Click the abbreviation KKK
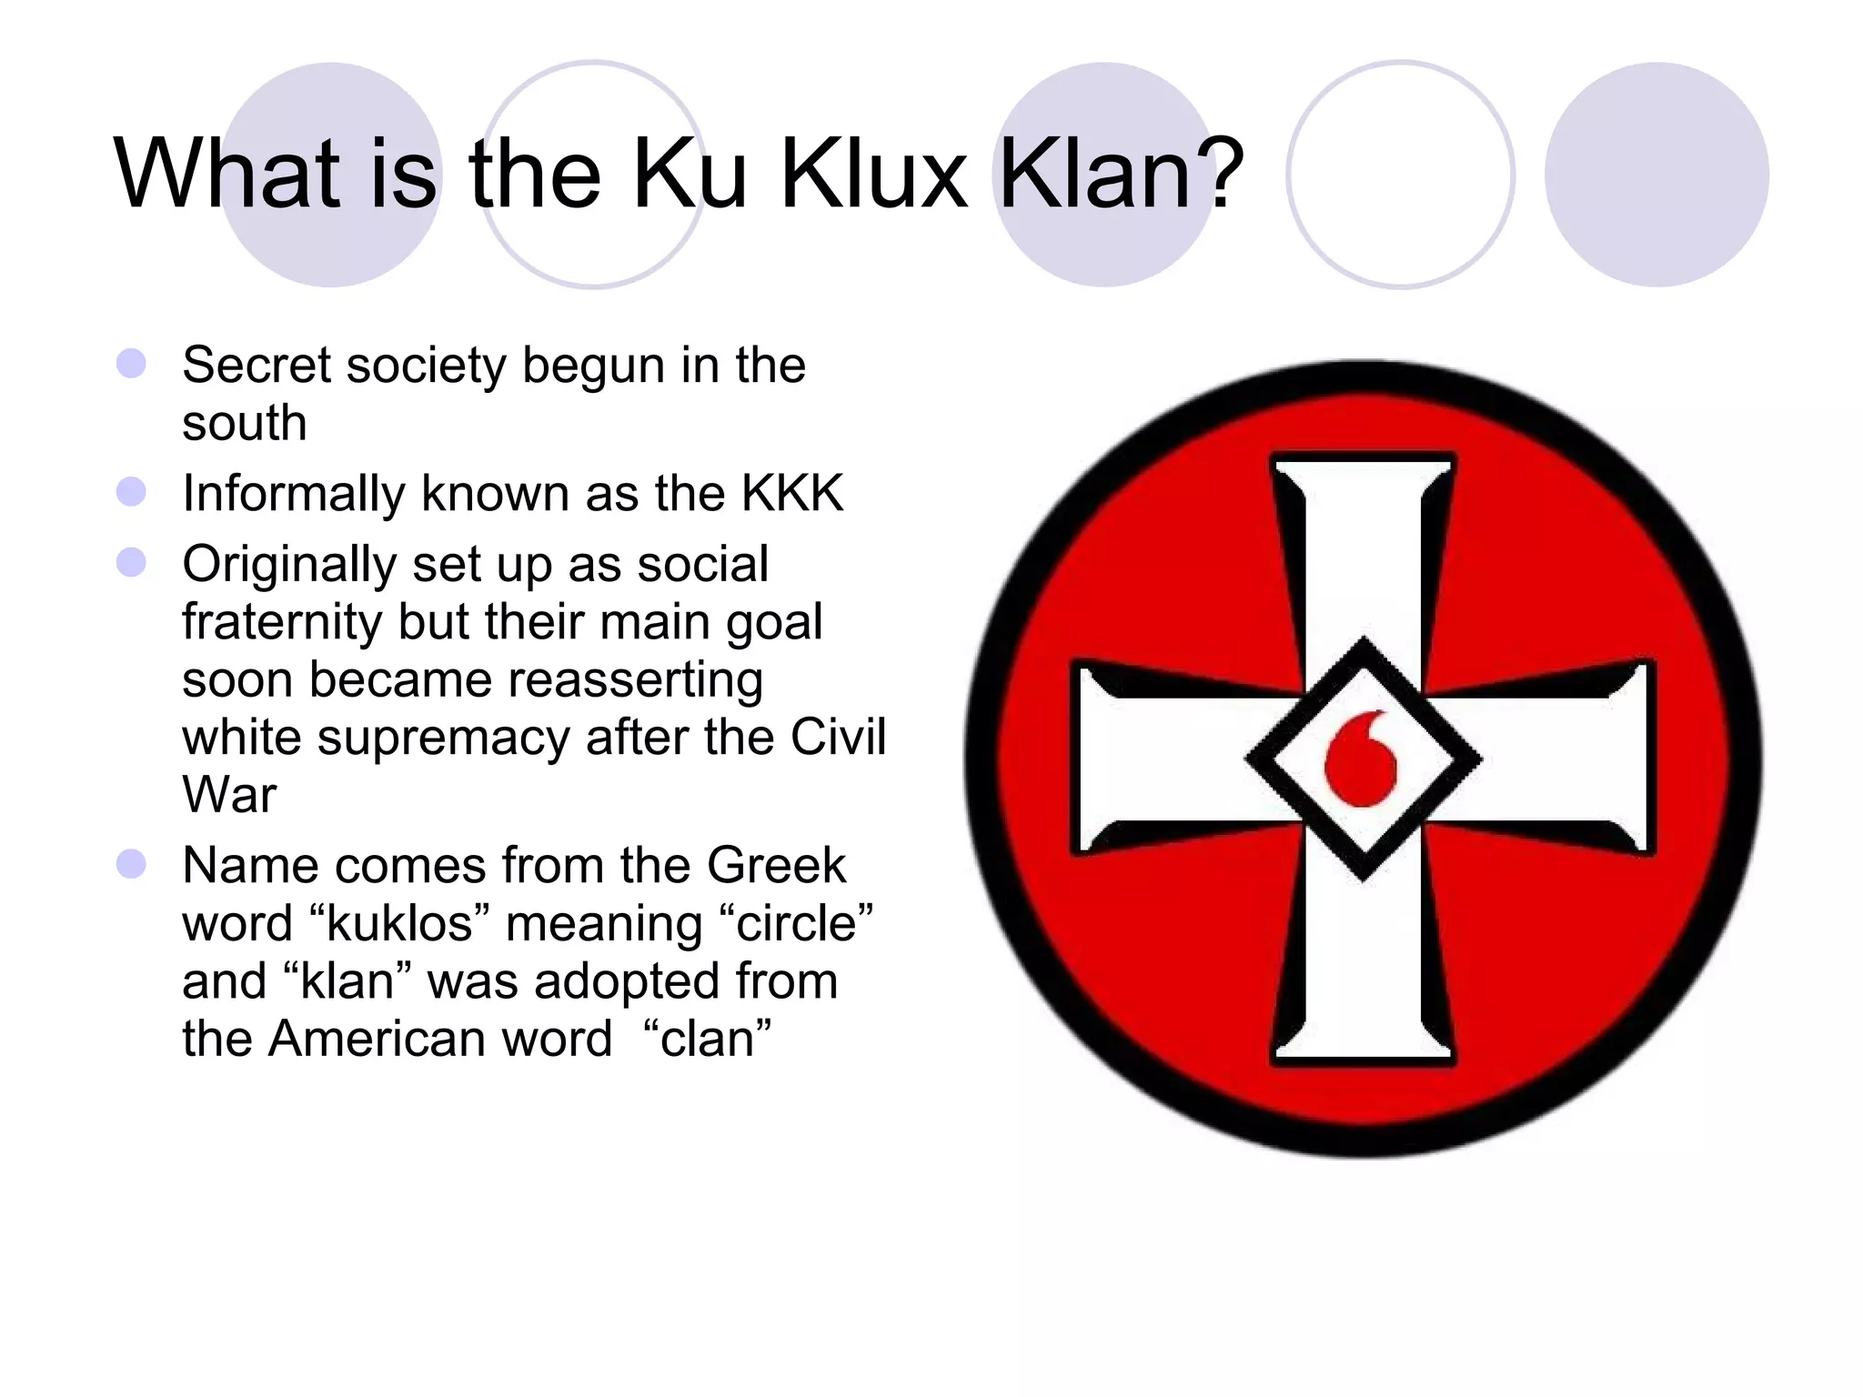click(792, 494)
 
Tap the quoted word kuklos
click(400, 924)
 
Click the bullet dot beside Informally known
click(132, 492)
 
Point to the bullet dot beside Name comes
click(132, 864)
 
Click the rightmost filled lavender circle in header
click(1657, 175)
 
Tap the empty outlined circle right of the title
click(1401, 175)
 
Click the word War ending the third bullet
click(229, 796)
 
